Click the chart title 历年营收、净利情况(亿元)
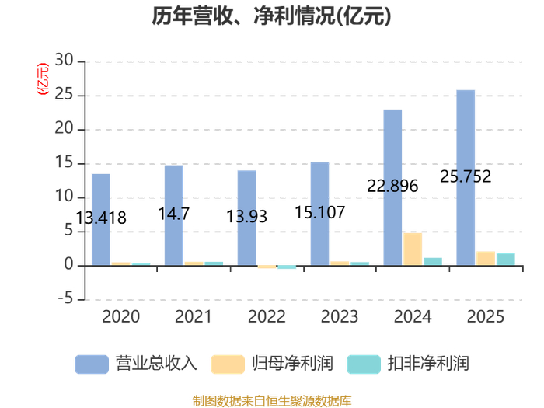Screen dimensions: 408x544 point(271,16)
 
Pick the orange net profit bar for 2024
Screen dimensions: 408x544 point(413,249)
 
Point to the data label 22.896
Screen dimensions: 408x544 point(392,186)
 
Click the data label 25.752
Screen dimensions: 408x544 point(466,176)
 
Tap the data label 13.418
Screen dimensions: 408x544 point(101,218)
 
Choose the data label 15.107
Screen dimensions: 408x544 point(320,212)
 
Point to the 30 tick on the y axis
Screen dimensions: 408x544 point(65,61)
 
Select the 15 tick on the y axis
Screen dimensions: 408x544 point(65,163)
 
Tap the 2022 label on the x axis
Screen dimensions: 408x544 point(267,316)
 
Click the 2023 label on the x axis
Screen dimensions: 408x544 point(340,316)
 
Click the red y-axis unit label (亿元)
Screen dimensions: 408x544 point(43,79)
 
